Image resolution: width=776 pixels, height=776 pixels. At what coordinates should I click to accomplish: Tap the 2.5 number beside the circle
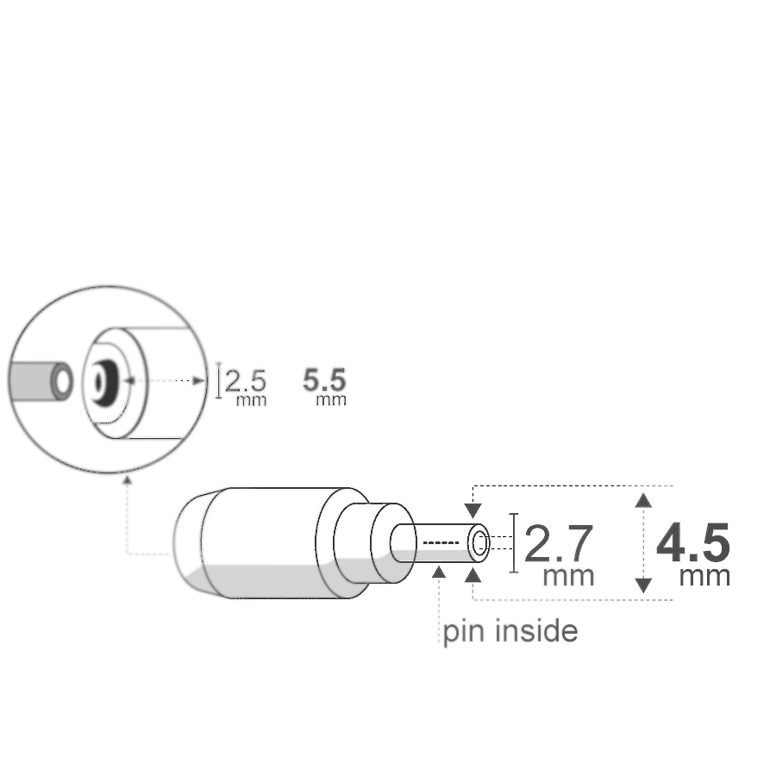click(245, 380)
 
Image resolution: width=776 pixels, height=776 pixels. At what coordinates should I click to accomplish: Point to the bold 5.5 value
click(325, 379)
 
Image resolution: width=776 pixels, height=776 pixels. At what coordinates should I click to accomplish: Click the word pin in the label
click(463, 632)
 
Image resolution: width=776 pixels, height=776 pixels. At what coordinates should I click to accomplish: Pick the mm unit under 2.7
click(568, 575)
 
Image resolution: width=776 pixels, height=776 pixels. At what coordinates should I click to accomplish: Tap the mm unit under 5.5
click(331, 399)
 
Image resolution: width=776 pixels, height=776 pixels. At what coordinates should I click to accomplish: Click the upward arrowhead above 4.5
click(643, 499)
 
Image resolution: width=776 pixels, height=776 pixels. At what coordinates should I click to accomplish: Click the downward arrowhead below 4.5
click(643, 586)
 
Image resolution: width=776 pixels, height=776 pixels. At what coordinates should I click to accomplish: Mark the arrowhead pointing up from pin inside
click(440, 571)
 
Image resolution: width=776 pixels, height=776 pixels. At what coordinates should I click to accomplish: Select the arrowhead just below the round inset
click(128, 479)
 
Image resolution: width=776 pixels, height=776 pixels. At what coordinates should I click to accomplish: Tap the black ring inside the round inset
click(103, 379)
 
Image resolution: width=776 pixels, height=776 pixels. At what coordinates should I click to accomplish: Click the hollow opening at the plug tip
click(480, 542)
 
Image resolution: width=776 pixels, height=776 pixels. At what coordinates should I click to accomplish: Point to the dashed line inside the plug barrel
click(441, 542)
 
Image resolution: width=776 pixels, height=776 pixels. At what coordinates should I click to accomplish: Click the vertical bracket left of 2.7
click(515, 542)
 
